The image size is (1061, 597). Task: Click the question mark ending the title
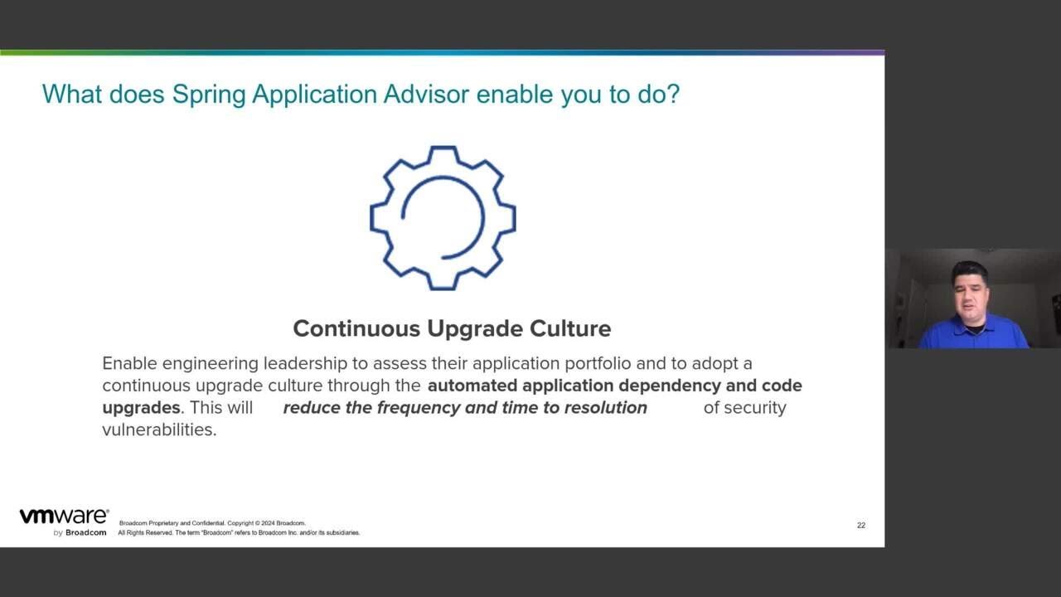pos(673,95)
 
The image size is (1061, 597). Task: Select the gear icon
pos(443,218)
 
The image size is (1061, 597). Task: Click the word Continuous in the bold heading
pos(356,329)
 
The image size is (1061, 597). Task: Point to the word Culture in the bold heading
pos(572,329)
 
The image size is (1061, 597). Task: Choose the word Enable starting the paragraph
pos(129,364)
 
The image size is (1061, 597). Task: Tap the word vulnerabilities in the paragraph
pos(159,430)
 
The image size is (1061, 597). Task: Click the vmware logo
pos(64,517)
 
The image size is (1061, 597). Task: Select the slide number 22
pos(861,526)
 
